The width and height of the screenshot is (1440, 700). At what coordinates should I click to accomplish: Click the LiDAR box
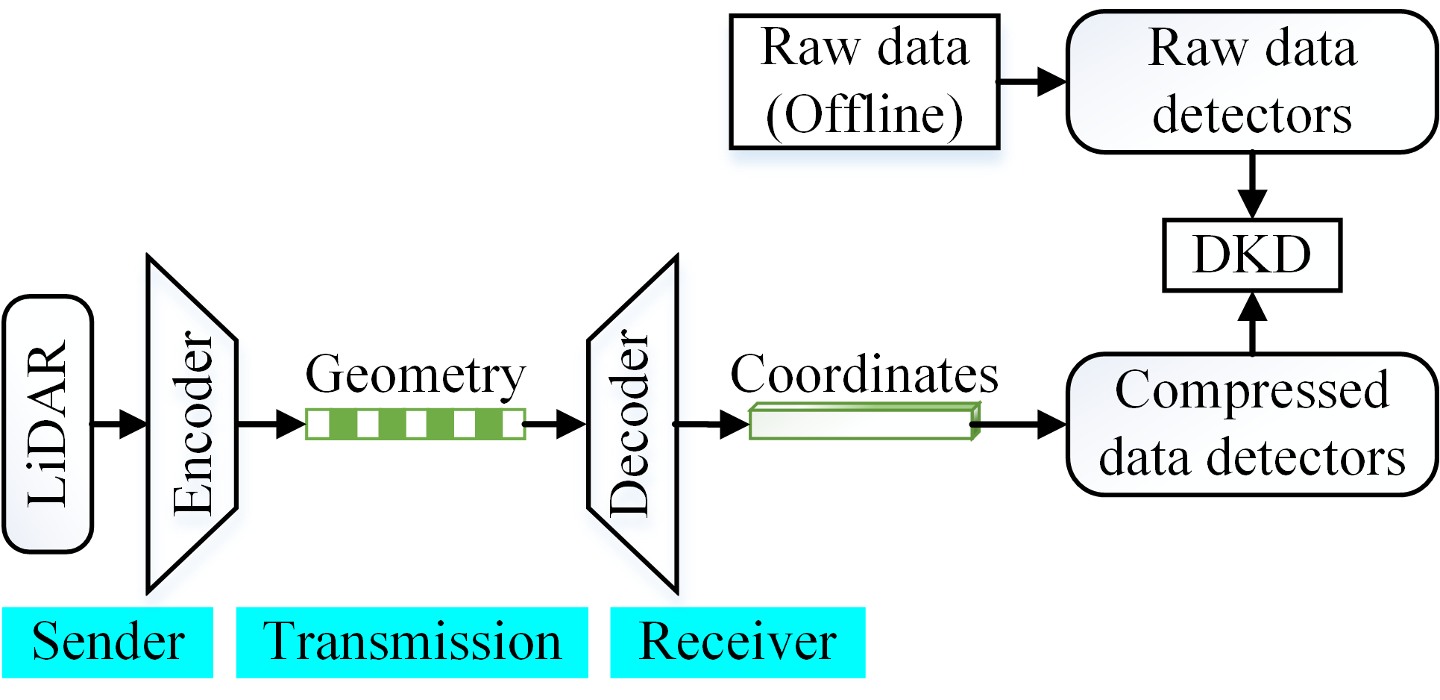pyautogui.click(x=48, y=424)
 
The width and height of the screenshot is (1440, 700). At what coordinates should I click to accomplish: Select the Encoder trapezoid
pyautogui.click(x=192, y=424)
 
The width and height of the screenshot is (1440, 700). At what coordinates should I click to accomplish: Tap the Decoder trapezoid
pyautogui.click(x=632, y=424)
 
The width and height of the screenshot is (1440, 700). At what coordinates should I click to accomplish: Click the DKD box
pyautogui.click(x=1252, y=254)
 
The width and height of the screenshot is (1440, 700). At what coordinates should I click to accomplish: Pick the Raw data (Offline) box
pyautogui.click(x=864, y=81)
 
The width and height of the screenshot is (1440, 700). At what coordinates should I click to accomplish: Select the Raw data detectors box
pyautogui.click(x=1252, y=81)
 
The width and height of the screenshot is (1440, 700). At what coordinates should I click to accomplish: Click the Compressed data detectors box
pyautogui.click(x=1252, y=424)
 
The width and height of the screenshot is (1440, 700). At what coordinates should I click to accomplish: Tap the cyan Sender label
pyautogui.click(x=107, y=642)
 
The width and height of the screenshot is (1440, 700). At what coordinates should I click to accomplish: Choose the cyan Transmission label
pyautogui.click(x=412, y=642)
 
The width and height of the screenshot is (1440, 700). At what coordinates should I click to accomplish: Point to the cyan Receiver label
pyautogui.click(x=738, y=642)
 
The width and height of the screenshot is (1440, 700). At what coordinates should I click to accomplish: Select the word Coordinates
pyautogui.click(x=864, y=374)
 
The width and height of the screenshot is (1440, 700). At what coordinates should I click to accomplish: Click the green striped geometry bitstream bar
pyautogui.click(x=415, y=424)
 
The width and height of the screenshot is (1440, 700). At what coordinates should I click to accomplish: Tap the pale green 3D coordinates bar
pyautogui.click(x=864, y=422)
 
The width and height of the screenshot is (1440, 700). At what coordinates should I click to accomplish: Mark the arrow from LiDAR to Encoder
pyautogui.click(x=119, y=424)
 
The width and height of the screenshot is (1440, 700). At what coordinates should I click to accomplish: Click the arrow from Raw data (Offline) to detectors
pyautogui.click(x=1033, y=81)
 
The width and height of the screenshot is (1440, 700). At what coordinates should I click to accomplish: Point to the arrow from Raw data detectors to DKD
pyautogui.click(x=1252, y=186)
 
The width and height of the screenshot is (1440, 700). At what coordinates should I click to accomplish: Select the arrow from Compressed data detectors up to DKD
pyautogui.click(x=1252, y=322)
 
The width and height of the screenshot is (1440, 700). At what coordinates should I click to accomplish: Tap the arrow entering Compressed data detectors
pyautogui.click(x=1019, y=424)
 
